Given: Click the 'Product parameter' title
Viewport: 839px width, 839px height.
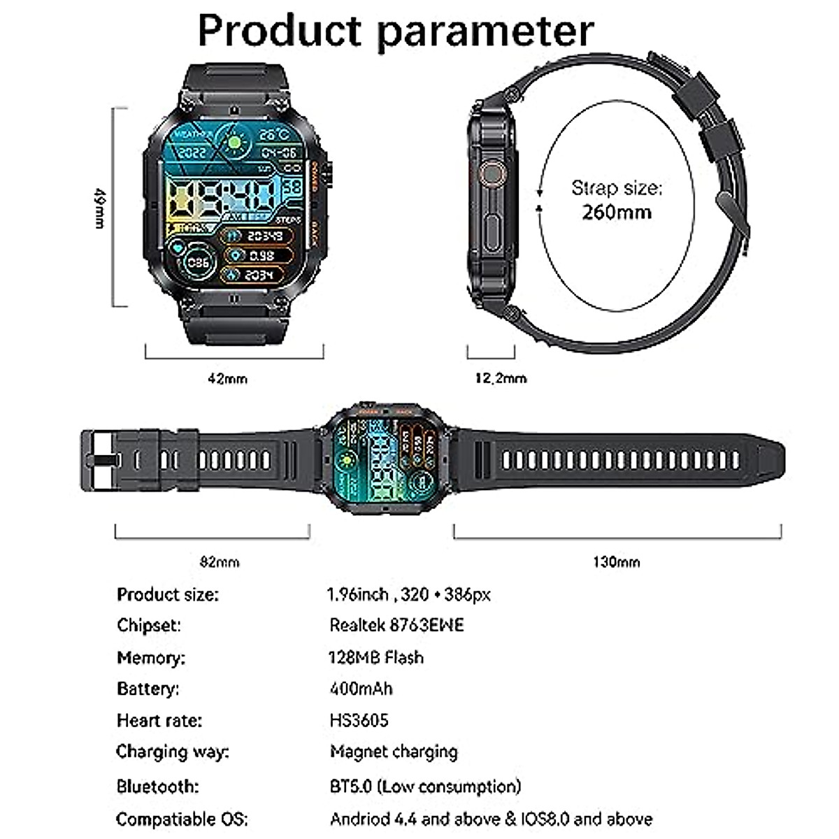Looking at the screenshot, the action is point(396,30).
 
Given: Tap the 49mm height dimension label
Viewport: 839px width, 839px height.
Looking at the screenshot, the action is point(100,207).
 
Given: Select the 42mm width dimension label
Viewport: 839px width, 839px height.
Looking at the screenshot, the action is point(227,378).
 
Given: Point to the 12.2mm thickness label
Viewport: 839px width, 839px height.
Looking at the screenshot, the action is point(501,378).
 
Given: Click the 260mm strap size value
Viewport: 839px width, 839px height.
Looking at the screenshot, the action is point(616,211).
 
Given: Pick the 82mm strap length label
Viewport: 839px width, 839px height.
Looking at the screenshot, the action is point(220,561).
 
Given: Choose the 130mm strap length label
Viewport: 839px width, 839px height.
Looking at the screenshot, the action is point(616,561).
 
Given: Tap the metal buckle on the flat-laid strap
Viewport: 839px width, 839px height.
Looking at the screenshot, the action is point(100,460).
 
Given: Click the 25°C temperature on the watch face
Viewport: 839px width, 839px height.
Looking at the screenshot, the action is point(275,134).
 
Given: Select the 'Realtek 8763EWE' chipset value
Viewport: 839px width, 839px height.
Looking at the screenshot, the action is point(396,624).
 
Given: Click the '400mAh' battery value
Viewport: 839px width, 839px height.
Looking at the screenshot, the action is point(361,689).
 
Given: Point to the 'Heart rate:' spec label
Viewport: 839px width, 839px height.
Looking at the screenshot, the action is point(159,720).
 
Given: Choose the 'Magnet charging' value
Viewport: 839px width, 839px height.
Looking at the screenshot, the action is point(394,752).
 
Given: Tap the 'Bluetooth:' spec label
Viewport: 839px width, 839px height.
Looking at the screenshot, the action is point(157,786).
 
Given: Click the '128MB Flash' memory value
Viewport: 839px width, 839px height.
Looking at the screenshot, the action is point(376,657).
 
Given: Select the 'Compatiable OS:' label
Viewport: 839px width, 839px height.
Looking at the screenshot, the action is point(182,819).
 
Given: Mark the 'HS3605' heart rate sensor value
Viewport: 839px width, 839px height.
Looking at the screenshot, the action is point(359,720).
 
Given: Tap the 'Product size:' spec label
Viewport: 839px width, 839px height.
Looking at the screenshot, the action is point(168,595).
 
